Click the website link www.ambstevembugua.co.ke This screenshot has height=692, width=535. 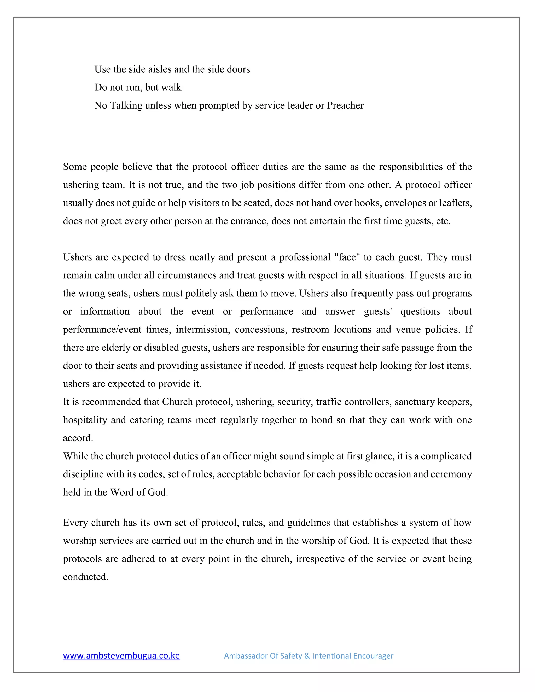121,655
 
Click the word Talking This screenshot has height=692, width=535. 126,105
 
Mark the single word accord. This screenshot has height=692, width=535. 78,438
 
